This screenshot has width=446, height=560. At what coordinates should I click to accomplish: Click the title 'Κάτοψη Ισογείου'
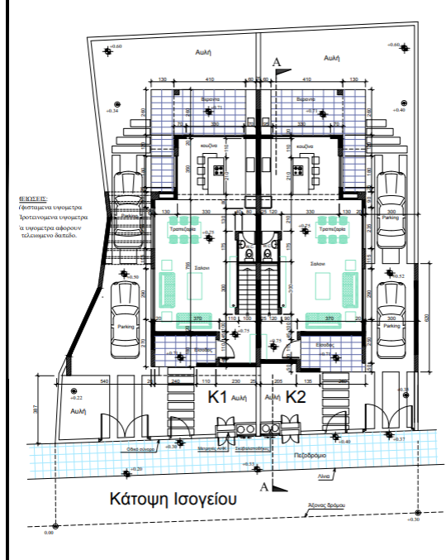(173, 499)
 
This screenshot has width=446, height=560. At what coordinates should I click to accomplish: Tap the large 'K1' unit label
(217, 397)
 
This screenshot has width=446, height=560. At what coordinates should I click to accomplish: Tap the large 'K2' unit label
(295, 397)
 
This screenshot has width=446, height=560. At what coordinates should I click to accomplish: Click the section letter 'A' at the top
(276, 62)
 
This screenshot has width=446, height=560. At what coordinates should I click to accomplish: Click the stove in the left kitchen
(220, 170)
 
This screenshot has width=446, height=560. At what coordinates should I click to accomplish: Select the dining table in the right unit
(333, 234)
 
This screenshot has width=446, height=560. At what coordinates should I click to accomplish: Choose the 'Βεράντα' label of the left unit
(211, 98)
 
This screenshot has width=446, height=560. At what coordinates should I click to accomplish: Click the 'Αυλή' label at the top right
(333, 58)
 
